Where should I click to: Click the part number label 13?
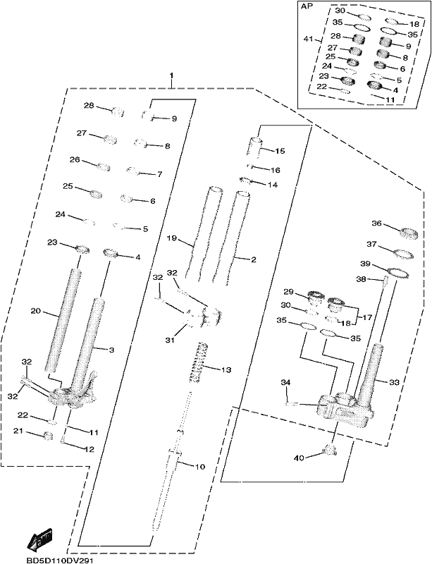coord(226,369)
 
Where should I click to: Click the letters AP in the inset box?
coord(307,7)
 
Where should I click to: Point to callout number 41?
coord(309,39)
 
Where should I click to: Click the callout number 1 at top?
coord(172,76)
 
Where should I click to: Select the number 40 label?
coord(299,458)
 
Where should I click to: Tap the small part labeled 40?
coord(330,450)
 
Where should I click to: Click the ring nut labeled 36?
coord(409,234)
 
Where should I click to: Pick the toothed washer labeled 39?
coord(397,273)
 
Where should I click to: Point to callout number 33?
coord(394,382)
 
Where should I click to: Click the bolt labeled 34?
coord(290,404)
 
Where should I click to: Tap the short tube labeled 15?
coord(254,146)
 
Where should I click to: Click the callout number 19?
coord(172,238)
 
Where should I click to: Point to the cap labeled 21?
coord(48,436)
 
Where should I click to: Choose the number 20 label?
coord(35,310)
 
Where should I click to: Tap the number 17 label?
coord(367,317)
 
